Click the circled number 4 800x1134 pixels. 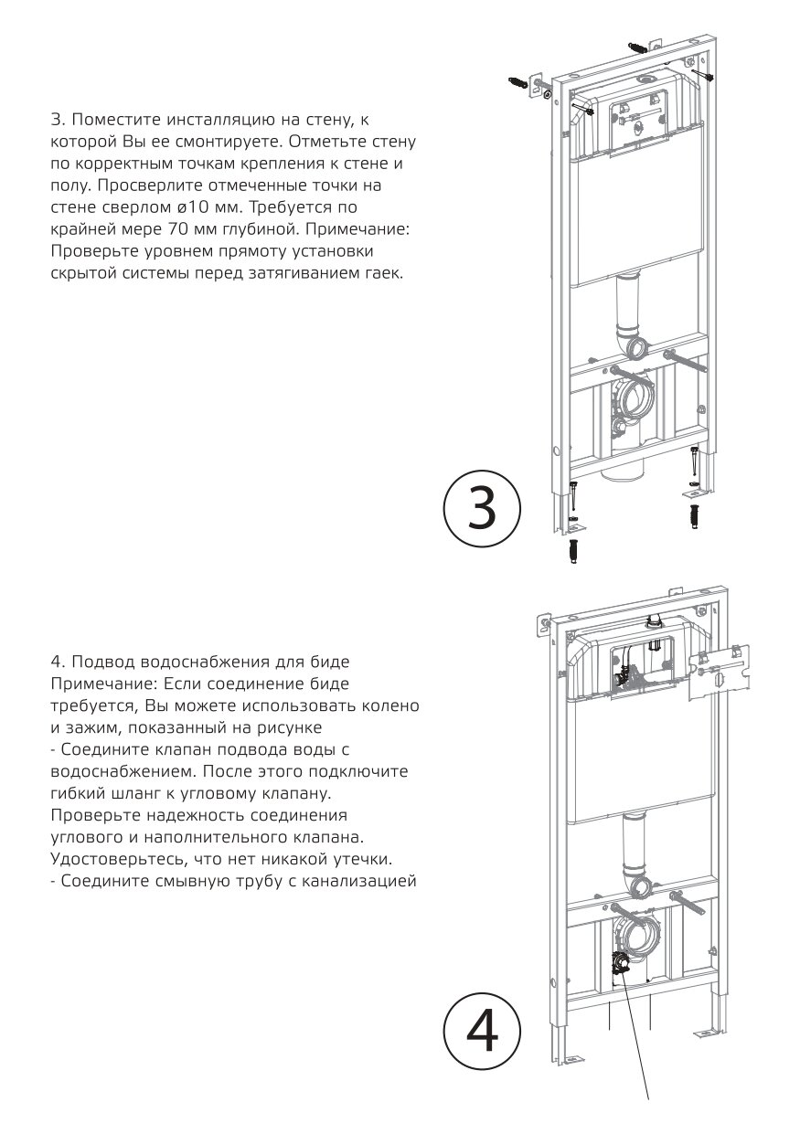[x=481, y=1031]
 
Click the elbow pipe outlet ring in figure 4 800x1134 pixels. [x=639, y=887]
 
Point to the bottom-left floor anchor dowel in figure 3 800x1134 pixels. [x=574, y=552]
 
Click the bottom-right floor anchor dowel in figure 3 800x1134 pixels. [x=693, y=516]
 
